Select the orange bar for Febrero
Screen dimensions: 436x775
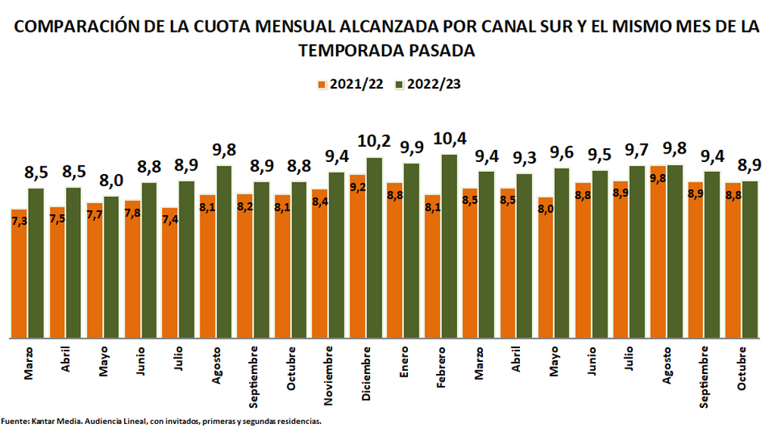432,266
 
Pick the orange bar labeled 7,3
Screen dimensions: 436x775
20,273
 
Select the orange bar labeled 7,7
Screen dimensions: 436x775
95,270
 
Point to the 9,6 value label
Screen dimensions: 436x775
561,153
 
